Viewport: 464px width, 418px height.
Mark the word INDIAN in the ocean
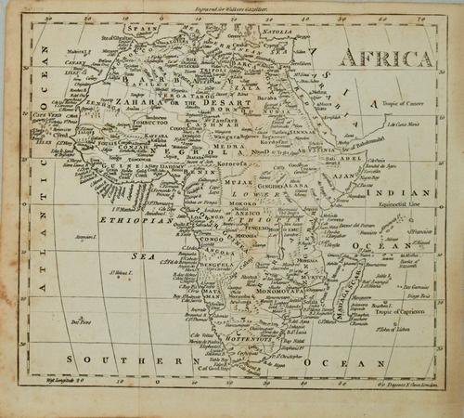(x=402, y=192)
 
